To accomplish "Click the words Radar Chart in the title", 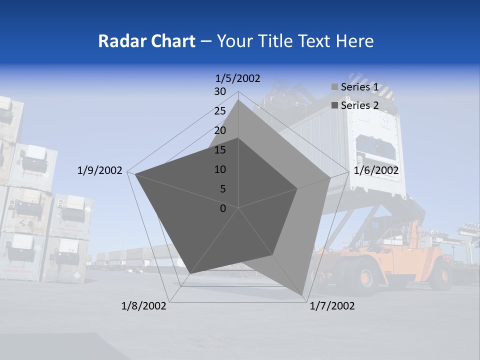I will [x=146, y=41].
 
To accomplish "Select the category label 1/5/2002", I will [x=238, y=78].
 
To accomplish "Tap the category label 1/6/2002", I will [x=376, y=170].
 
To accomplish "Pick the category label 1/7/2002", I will [x=332, y=306].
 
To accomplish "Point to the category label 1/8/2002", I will [x=144, y=306].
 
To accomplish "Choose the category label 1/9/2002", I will [x=100, y=170].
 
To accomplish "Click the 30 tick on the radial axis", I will [x=220, y=91].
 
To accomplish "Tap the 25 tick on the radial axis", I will [x=220, y=111].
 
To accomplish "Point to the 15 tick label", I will [x=220, y=150].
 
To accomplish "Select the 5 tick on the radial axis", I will [x=222, y=189].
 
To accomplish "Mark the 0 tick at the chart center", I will [x=223, y=208].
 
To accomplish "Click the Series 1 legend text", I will [x=359, y=87].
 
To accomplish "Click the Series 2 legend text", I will [x=359, y=105].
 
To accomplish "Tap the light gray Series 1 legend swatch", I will [x=334, y=87].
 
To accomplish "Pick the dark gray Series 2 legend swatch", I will [x=334, y=105].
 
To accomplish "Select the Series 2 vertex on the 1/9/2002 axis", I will [x=135, y=174].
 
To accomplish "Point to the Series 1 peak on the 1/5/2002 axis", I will [x=238, y=100].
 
